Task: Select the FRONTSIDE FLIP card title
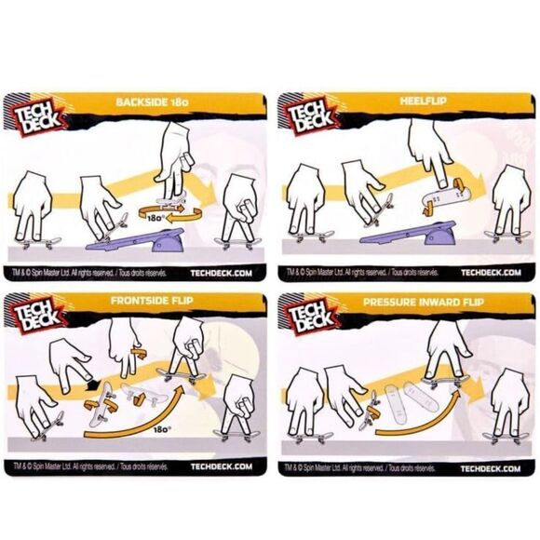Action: [157, 303]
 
